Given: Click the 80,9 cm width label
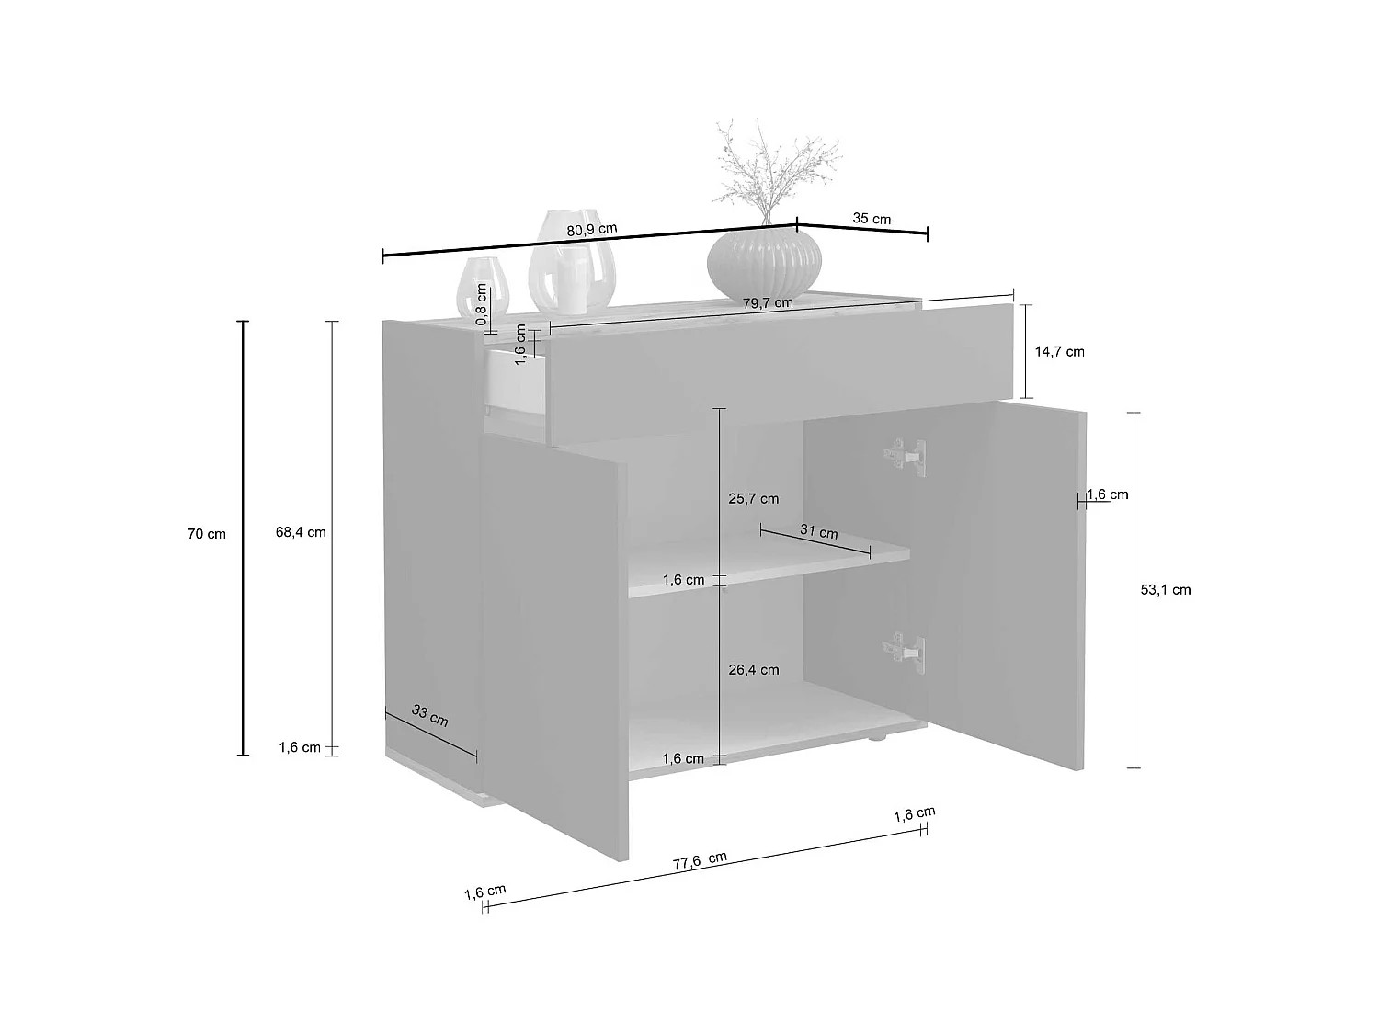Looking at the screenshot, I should pos(592,230).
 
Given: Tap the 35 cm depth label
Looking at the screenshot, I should pos(872,219).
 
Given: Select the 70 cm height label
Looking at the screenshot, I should pos(207,534).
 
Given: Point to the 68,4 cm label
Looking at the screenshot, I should pos(301,532).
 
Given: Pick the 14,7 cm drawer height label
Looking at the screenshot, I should pos(1059,351).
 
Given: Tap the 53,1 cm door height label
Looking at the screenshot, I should pos(1165,590).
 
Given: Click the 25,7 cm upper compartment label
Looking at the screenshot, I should pos(753,499).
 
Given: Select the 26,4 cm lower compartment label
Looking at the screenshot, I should pos(753,670).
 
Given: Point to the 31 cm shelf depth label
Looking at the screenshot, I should pos(818,532).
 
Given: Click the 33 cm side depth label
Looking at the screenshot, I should pos(429,715).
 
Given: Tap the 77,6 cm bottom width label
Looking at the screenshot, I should pos(700,861).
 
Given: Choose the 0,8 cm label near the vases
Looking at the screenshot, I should pos(481,304).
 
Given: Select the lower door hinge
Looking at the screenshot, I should pos(905,649).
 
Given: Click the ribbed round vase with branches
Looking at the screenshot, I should pos(763,261).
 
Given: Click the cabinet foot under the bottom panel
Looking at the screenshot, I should pos(879,736).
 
